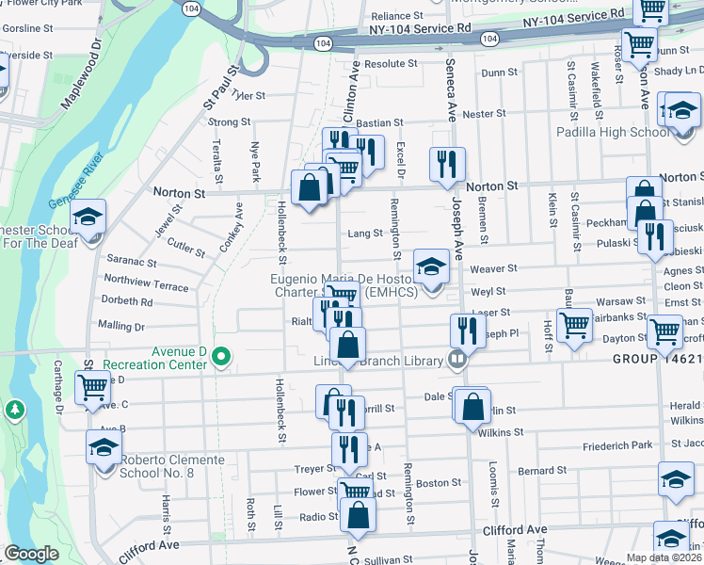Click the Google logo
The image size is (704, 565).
(x=31, y=554)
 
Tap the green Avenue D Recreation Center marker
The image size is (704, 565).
(x=221, y=356)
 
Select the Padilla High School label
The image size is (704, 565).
(x=614, y=132)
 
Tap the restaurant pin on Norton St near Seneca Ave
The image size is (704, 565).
(x=447, y=162)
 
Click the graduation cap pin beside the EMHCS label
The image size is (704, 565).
(x=431, y=264)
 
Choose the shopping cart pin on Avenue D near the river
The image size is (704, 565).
(x=92, y=386)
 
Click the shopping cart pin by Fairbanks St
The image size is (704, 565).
(x=573, y=324)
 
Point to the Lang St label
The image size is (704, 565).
(x=365, y=233)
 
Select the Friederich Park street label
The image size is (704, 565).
(x=617, y=444)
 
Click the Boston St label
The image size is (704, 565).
(x=439, y=482)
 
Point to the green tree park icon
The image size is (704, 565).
(x=14, y=410)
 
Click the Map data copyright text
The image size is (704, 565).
(x=664, y=557)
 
